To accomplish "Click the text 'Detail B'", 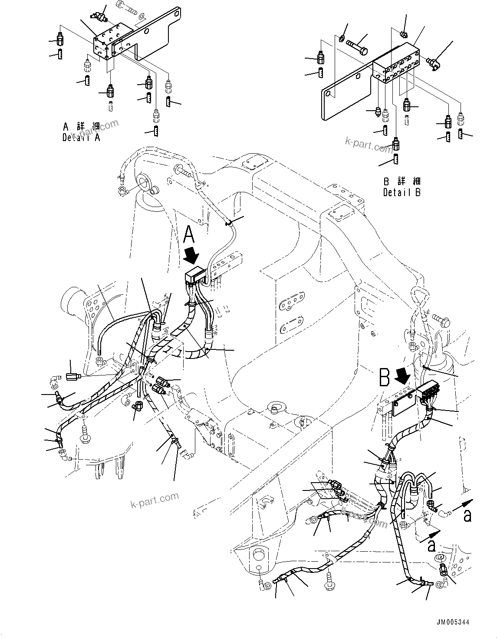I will click(x=402, y=192).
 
